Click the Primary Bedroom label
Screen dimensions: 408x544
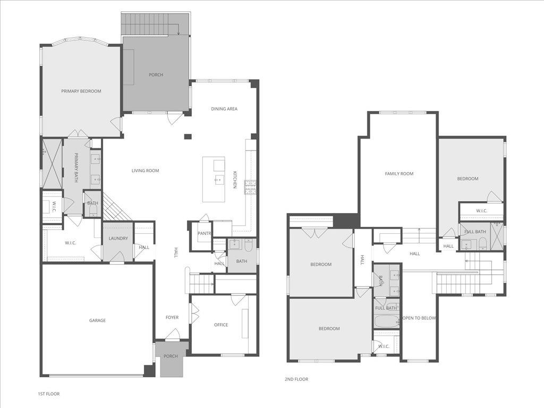point(81,91)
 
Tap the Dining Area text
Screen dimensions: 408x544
point(224,109)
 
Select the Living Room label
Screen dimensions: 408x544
point(146,171)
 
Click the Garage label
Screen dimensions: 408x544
point(97,320)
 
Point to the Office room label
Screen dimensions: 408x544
point(221,325)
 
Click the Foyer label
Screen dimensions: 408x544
point(172,317)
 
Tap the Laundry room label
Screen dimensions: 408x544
point(118,239)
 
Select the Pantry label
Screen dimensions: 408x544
point(205,233)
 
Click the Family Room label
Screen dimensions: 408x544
point(399,174)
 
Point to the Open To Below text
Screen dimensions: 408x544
point(419,318)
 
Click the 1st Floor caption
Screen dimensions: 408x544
point(48,394)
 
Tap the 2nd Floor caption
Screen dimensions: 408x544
point(296,379)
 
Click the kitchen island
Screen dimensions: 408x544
point(214,179)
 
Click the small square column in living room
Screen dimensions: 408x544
point(188,137)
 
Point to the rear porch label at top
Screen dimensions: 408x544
point(156,75)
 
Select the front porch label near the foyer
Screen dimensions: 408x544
point(171,356)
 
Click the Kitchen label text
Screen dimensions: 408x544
point(235,179)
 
